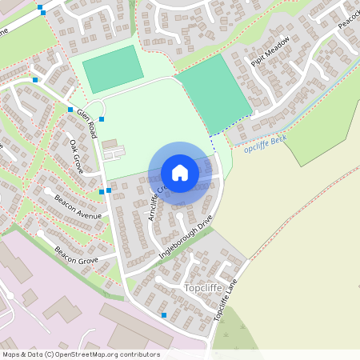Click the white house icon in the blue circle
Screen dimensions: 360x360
click(x=180, y=173)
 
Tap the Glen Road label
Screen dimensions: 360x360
click(x=87, y=123)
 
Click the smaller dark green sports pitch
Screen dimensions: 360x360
click(x=113, y=69)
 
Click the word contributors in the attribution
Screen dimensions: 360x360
click(x=139, y=354)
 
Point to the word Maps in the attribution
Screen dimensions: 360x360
click(x=11, y=354)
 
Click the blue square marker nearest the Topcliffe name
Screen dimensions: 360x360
click(x=164, y=315)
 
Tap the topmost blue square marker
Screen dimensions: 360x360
click(x=41, y=7)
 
